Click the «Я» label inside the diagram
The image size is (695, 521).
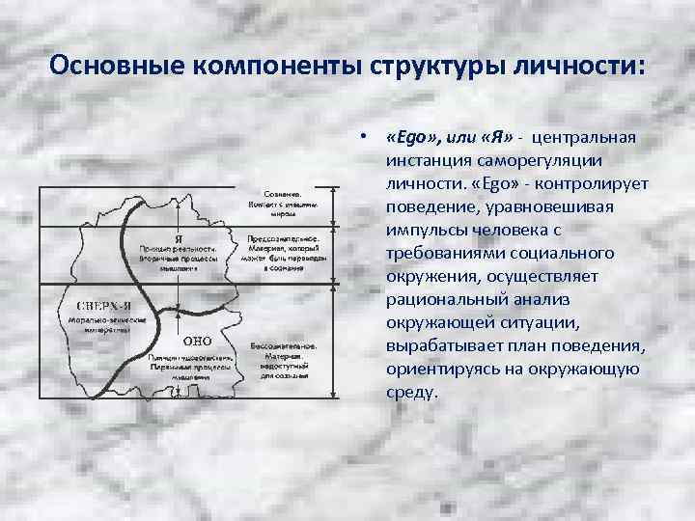[180, 238]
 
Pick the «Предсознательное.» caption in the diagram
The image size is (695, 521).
[282, 237]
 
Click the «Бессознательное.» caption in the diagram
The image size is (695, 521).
[282, 343]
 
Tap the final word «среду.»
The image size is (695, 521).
[411, 394]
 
